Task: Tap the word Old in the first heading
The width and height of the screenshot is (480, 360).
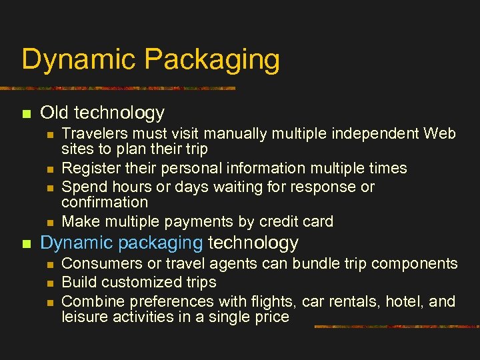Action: [x=56, y=113]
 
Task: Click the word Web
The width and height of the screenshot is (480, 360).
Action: [x=440, y=133]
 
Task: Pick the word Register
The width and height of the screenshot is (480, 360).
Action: [x=89, y=168]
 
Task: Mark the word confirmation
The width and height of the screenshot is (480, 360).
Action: [x=105, y=202]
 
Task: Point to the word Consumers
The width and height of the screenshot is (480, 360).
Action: [x=97, y=264]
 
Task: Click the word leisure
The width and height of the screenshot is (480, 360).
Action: [x=84, y=317]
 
